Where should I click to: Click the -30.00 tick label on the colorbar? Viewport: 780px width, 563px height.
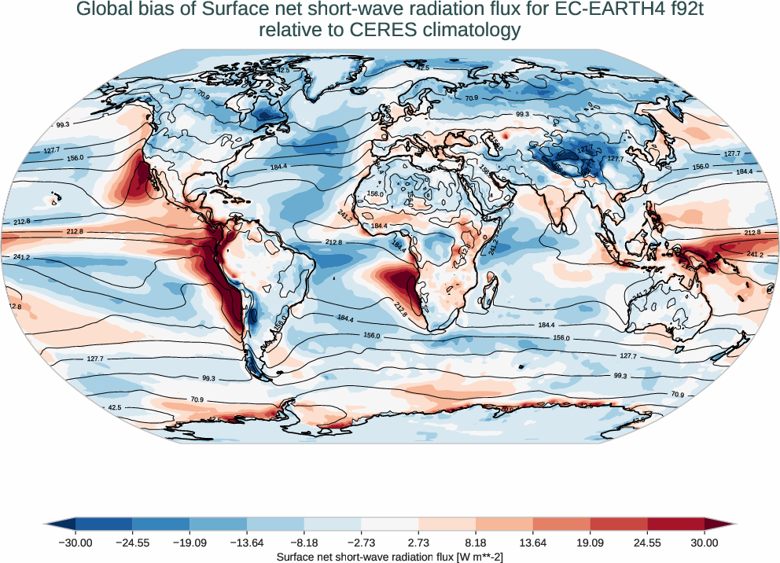click(75, 543)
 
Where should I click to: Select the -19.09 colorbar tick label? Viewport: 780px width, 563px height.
click(189, 543)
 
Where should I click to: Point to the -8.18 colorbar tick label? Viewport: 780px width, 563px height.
click(304, 543)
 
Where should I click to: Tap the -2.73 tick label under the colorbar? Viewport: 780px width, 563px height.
click(361, 543)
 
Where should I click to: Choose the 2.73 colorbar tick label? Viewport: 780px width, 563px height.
click(418, 543)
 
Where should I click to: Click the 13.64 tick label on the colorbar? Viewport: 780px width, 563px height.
click(533, 543)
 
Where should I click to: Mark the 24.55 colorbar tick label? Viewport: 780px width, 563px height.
click(647, 543)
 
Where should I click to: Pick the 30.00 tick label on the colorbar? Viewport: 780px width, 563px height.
click(705, 543)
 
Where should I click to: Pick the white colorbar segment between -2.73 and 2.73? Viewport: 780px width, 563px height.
click(390, 524)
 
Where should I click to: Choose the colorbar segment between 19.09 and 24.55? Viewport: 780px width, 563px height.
click(619, 524)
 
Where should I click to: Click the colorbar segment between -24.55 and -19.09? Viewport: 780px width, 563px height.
click(161, 524)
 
